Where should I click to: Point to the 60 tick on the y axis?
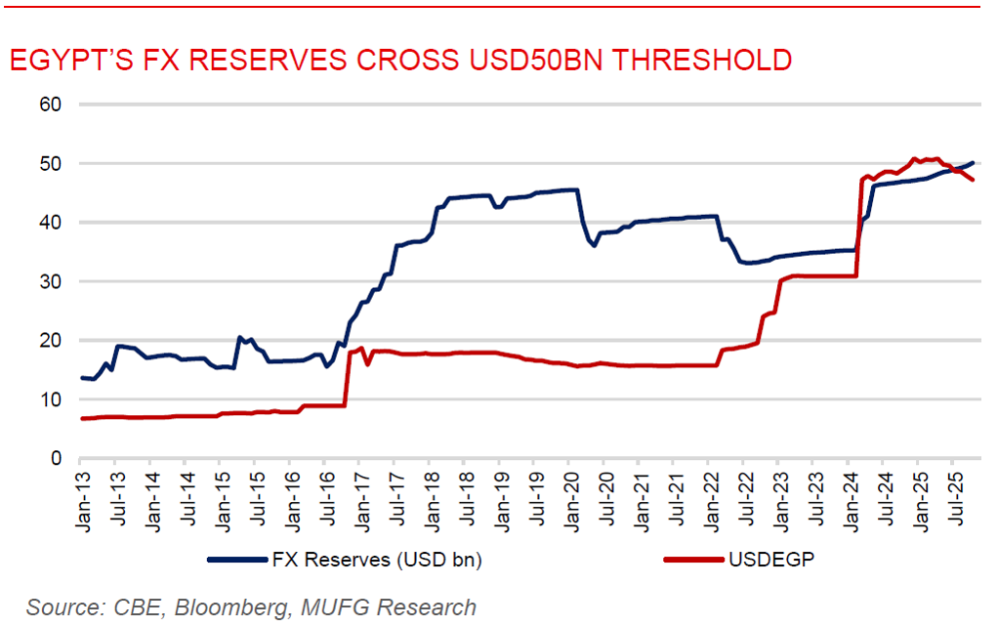click(51, 104)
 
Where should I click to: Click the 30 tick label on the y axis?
click(51, 281)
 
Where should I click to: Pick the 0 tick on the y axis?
click(57, 458)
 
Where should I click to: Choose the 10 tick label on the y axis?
click(51, 399)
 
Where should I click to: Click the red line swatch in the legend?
click(694, 560)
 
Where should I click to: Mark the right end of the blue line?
click(974, 162)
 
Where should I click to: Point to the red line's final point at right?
click(973, 180)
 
